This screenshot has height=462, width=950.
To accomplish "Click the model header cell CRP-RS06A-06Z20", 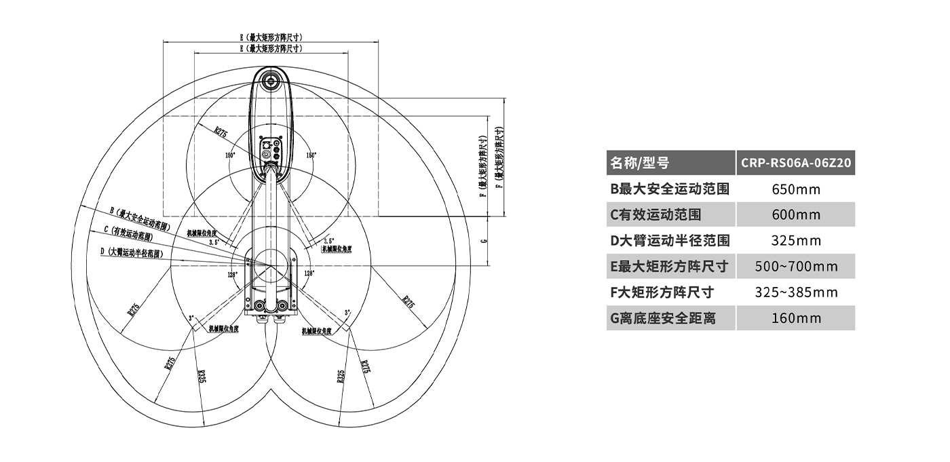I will pos(796,163).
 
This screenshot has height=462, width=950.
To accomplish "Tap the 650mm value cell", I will pos(796,189).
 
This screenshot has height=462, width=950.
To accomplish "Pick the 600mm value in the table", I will pos(796,215).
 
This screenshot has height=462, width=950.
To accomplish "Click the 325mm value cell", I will pos(796,241).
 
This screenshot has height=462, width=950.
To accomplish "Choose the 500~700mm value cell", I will pos(796,267).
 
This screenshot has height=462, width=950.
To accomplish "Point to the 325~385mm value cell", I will pos(796,292).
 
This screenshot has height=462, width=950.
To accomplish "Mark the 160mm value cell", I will pos(796,318).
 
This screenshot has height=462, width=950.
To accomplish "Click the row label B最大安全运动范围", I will pos(670,189).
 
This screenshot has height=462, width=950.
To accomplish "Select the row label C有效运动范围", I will pos(655,215).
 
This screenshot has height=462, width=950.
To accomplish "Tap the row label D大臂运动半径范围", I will pos(670,241).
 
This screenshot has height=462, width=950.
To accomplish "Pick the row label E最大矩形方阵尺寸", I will pos(669,267).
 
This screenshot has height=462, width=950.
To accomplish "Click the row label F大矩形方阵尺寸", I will pos(662,292).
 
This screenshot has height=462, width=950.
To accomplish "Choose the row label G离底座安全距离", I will pos(662,318).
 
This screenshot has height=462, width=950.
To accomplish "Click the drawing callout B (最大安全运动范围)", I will pos(139,218).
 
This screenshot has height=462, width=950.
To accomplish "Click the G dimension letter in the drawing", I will pos(482,240).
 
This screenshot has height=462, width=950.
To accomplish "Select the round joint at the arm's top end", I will pos(271,82).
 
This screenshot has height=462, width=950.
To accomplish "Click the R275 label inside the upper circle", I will pos(221,133).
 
